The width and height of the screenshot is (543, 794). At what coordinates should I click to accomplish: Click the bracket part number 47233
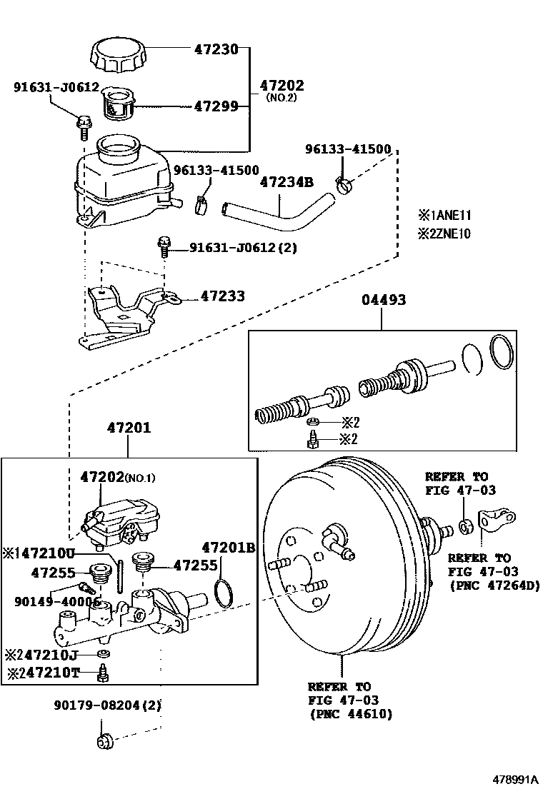tap(222, 296)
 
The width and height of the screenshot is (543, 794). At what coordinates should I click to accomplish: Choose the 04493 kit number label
tap(382, 301)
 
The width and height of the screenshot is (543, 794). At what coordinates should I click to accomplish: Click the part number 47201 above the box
tap(129, 428)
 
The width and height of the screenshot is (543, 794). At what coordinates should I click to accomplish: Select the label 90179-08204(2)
tap(107, 705)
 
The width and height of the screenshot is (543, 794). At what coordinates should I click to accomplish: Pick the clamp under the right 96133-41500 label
tap(345, 186)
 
